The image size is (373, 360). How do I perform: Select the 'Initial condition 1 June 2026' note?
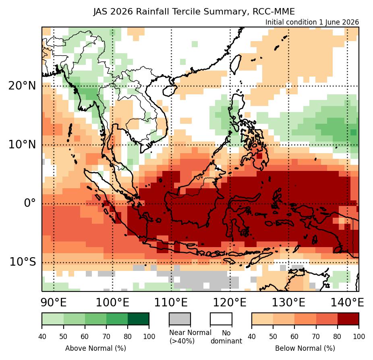pyautogui.click(x=312, y=22)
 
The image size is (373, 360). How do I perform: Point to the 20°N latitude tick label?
pyautogui.click(x=22, y=85)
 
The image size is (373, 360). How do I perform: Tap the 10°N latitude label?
pyautogui.click(x=22, y=144)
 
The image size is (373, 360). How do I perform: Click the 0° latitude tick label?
pyautogui.click(x=30, y=203)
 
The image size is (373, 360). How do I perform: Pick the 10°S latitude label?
pyautogui.click(x=23, y=262)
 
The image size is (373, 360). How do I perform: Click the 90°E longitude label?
pyautogui.click(x=54, y=302)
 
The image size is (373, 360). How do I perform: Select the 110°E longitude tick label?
pyautogui.click(x=171, y=302)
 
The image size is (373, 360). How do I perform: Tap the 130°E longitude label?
pyautogui.click(x=288, y=302)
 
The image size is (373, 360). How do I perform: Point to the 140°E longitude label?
pyautogui.click(x=347, y=302)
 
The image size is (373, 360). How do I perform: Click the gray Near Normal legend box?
pyautogui.click(x=180, y=319)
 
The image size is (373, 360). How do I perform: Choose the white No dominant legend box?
pyautogui.click(x=221, y=319)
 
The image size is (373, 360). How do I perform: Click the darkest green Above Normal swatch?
pyautogui.click(x=139, y=319)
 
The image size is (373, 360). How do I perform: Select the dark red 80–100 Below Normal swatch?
pyautogui.click(x=348, y=319)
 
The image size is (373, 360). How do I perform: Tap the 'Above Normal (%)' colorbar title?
pyautogui.click(x=95, y=348)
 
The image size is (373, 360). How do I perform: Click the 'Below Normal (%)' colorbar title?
pyautogui.click(x=305, y=348)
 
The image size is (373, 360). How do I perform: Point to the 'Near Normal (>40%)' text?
pyautogui.click(x=190, y=337)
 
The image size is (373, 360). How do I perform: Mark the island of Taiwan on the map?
pyautogui.click(x=236, y=65)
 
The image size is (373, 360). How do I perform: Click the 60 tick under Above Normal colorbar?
pyautogui.click(x=85, y=337)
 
